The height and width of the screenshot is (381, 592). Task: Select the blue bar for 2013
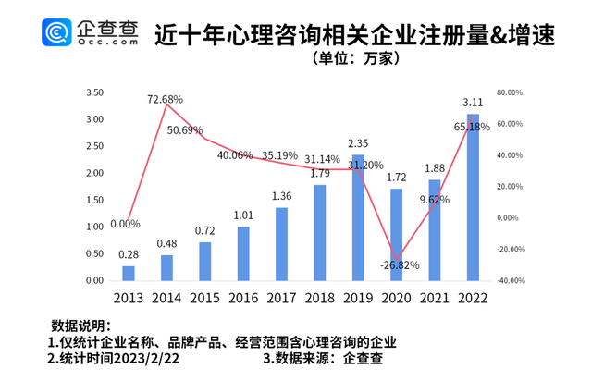click(x=129, y=273)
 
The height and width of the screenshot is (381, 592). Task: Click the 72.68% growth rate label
click(x=165, y=97)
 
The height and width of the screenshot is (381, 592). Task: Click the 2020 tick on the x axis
click(x=396, y=297)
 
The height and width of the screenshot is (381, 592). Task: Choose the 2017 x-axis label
click(x=281, y=297)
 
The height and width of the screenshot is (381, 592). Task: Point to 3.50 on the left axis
click(x=93, y=93)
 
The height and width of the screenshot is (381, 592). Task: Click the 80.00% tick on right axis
click(x=510, y=93)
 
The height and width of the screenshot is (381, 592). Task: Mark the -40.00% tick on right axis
click(x=510, y=280)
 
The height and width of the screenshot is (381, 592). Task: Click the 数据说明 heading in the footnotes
click(x=80, y=326)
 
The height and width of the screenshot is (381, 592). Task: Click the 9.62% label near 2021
click(x=432, y=199)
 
